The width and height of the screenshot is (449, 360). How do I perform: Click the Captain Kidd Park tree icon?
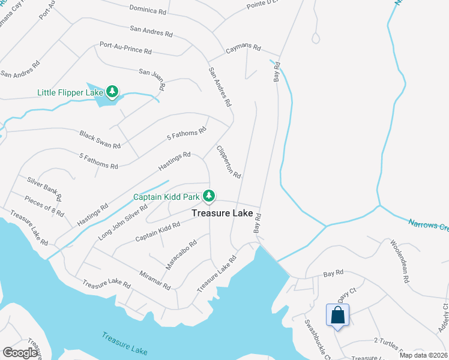(208, 196)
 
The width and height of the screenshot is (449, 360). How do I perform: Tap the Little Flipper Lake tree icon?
(112, 91)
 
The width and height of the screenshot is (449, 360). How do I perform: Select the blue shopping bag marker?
(337, 315)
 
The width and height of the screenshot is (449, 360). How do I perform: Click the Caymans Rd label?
(243, 48)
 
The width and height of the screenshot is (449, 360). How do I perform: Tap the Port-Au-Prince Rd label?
(125, 47)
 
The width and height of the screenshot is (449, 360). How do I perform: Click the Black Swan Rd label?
(100, 139)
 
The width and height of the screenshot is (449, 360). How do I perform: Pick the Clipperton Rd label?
(229, 162)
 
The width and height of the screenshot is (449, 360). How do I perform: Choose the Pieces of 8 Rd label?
(44, 205)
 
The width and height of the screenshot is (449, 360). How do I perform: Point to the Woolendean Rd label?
(399, 262)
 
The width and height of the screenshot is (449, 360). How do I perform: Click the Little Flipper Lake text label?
(69, 92)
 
